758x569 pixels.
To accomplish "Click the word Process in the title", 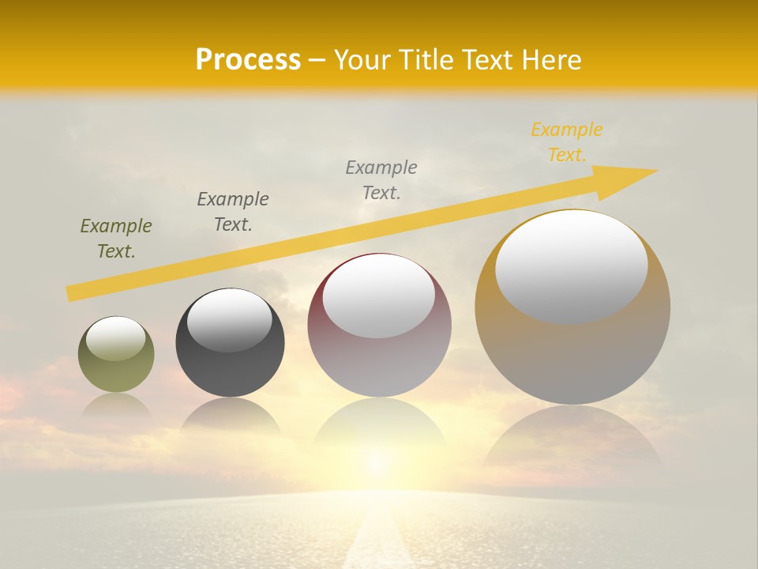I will pyautogui.click(x=248, y=60).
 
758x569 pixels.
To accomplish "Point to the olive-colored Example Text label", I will pyautogui.click(x=116, y=239).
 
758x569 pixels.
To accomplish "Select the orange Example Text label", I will pyautogui.click(x=567, y=142).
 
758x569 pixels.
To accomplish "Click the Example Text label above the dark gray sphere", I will pyautogui.click(x=233, y=212).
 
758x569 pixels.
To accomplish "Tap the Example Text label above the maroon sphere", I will pyautogui.click(x=381, y=180).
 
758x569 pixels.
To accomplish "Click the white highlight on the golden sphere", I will pyautogui.click(x=572, y=266).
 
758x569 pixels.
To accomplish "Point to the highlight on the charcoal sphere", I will pyautogui.click(x=230, y=320).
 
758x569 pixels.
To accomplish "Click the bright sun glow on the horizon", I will pyautogui.click(x=377, y=462).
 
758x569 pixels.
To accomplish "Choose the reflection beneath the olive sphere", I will pyautogui.click(x=116, y=407).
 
